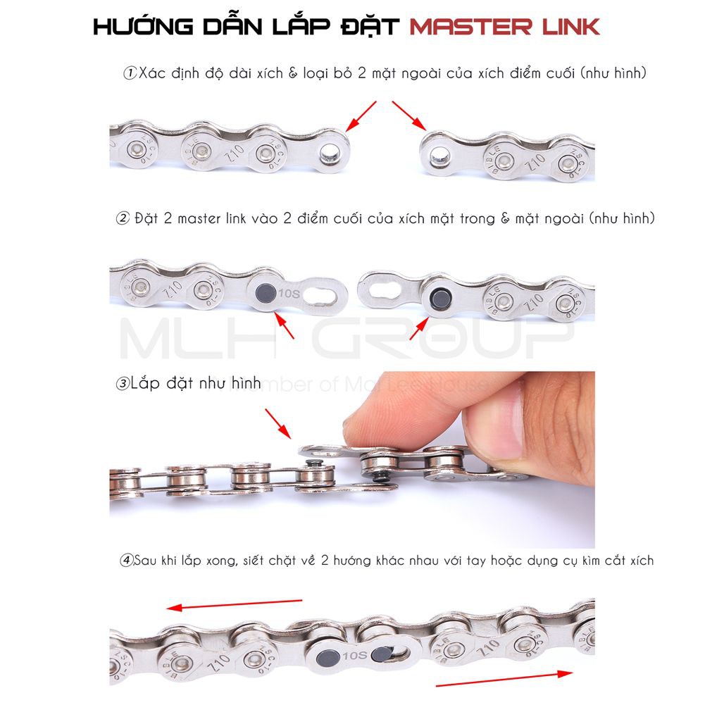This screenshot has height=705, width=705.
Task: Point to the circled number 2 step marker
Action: tap(123, 218)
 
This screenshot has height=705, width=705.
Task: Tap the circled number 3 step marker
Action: tap(123, 384)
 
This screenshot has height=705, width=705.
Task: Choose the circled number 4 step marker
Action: tap(127, 561)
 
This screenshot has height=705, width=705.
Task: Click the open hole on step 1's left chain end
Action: tap(327, 154)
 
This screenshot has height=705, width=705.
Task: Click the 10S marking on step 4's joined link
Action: tap(354, 657)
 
